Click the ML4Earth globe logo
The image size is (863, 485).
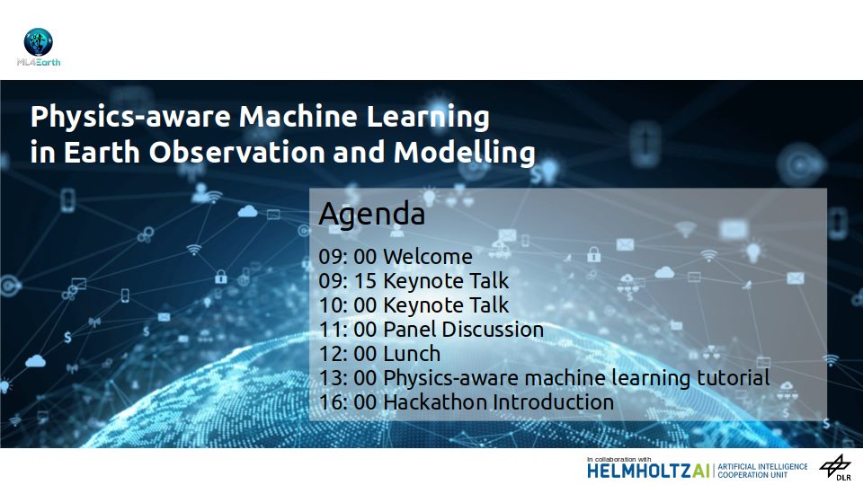point(38,42)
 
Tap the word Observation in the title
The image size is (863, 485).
point(237,153)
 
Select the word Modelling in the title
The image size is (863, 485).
point(465,154)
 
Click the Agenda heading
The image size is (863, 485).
point(372,215)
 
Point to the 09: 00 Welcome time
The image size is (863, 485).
point(347,257)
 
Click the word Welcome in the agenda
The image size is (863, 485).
point(428,257)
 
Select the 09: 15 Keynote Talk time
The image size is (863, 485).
point(347,281)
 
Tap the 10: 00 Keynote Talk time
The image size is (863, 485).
point(347,305)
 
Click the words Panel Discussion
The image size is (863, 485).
point(464,330)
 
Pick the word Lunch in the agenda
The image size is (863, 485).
point(412,354)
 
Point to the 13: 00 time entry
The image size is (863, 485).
point(347,378)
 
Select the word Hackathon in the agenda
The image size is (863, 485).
point(434,402)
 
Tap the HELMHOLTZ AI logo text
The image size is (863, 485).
point(649,471)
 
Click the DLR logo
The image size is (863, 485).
point(835,468)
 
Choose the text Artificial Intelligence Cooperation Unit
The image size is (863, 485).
point(762,471)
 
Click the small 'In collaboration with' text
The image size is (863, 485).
point(618,459)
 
